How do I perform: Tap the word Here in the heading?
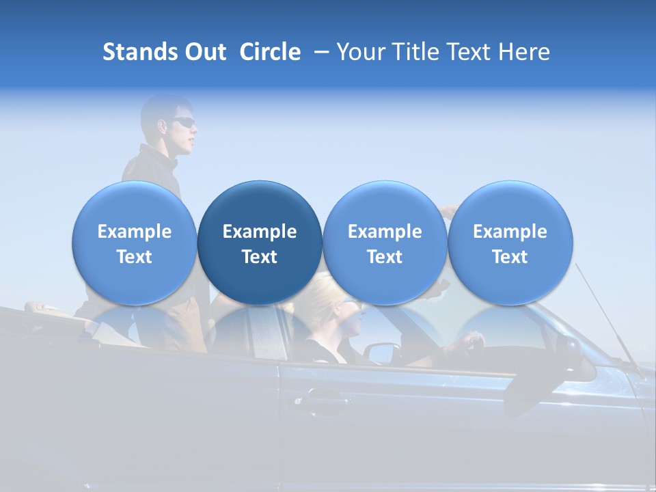click(525, 52)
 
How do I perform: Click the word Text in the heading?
click(471, 52)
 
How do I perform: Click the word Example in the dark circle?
click(259, 232)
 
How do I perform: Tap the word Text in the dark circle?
click(259, 257)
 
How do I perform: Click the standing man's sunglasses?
click(184, 122)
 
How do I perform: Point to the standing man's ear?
click(163, 126)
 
